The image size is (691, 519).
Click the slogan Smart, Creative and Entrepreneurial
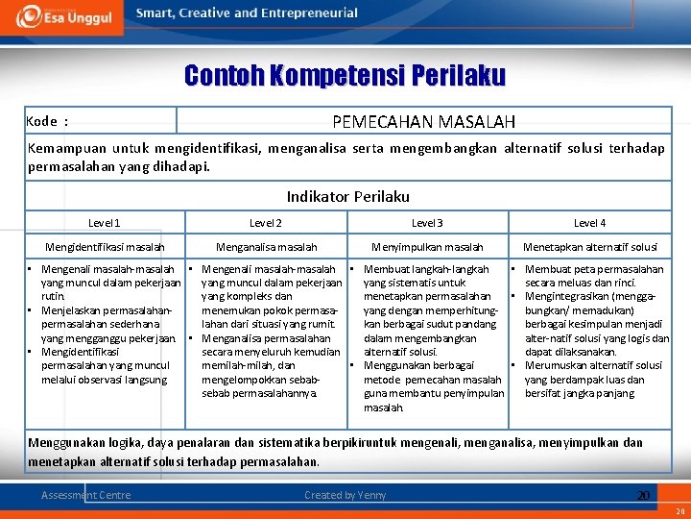247,13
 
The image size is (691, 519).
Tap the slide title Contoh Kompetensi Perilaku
345,75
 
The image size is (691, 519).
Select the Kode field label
47,121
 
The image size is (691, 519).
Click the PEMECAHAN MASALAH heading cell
423,121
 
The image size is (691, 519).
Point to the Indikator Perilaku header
347,196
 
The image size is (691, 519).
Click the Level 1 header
105,223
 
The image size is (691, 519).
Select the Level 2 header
266,223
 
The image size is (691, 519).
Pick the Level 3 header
427,223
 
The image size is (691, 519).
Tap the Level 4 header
589,223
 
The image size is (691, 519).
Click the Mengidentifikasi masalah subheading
105,248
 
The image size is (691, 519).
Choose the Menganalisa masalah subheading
266,248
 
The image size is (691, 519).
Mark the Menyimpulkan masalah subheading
427,248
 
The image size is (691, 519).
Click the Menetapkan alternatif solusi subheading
589,248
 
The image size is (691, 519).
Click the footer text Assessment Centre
86,495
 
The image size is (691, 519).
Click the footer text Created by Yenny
345,495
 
